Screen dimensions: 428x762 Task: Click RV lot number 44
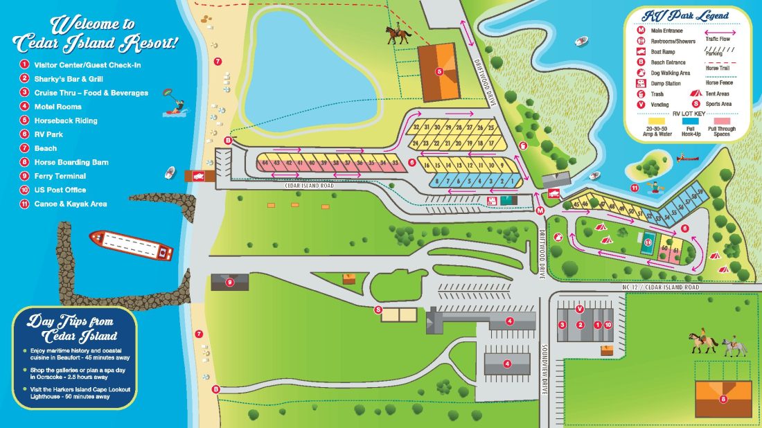[x=264, y=163]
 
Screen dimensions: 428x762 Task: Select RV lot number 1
[x=511, y=180]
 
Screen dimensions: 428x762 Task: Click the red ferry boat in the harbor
[x=132, y=245]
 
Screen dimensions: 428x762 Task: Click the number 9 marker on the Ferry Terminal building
[x=230, y=281]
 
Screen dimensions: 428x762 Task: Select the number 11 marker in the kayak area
[x=635, y=188]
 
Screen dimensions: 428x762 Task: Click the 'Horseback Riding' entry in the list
[x=66, y=121]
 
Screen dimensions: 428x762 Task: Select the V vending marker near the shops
[x=579, y=308]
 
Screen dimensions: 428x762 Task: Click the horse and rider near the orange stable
[x=399, y=35]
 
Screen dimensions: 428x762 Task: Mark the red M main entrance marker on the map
[x=540, y=210]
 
